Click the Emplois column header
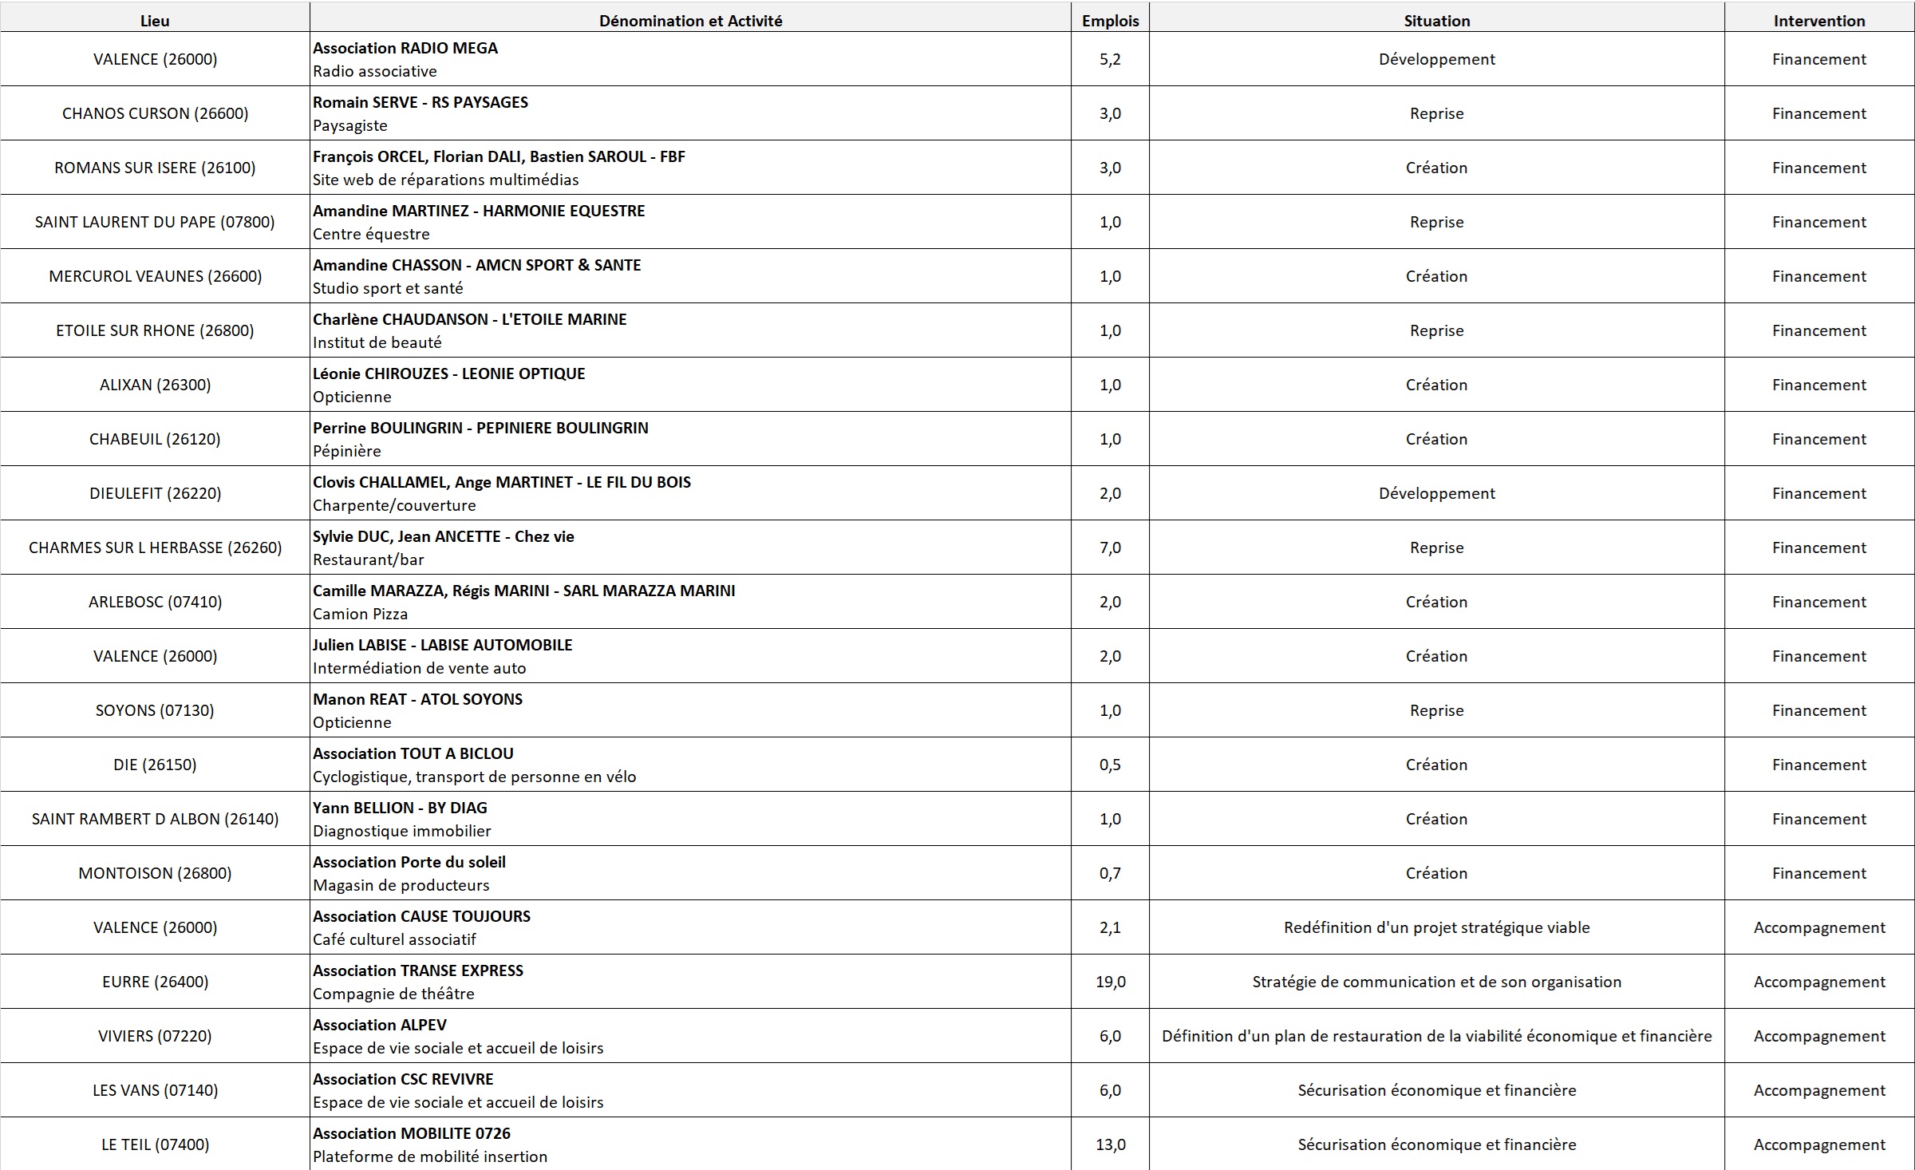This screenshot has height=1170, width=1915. point(1110,21)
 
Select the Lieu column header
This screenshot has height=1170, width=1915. point(155,21)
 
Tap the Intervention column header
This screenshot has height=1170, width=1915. point(1818,21)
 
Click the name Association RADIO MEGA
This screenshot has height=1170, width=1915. point(405,48)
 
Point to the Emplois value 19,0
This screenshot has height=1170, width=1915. point(1110,982)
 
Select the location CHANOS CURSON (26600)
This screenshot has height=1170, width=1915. point(155,113)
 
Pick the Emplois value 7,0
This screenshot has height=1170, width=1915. point(1110,547)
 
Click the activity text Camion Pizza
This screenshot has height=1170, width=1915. point(360,614)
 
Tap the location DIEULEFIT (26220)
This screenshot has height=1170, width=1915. point(155,493)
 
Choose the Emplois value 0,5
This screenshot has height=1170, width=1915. point(1110,765)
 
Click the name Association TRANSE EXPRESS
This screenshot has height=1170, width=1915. point(418,970)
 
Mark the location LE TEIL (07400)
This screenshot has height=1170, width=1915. point(155,1144)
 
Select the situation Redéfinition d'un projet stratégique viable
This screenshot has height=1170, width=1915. point(1436,927)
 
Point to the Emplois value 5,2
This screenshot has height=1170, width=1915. point(1110,59)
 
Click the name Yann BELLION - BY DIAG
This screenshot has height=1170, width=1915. point(400,808)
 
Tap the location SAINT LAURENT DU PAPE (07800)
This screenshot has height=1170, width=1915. point(155,222)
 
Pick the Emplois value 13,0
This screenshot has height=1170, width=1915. point(1110,1144)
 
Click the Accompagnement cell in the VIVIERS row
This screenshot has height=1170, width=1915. point(1818,1036)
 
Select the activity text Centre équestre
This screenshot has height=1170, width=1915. point(371,234)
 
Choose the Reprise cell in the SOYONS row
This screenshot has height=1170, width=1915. point(1436,710)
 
